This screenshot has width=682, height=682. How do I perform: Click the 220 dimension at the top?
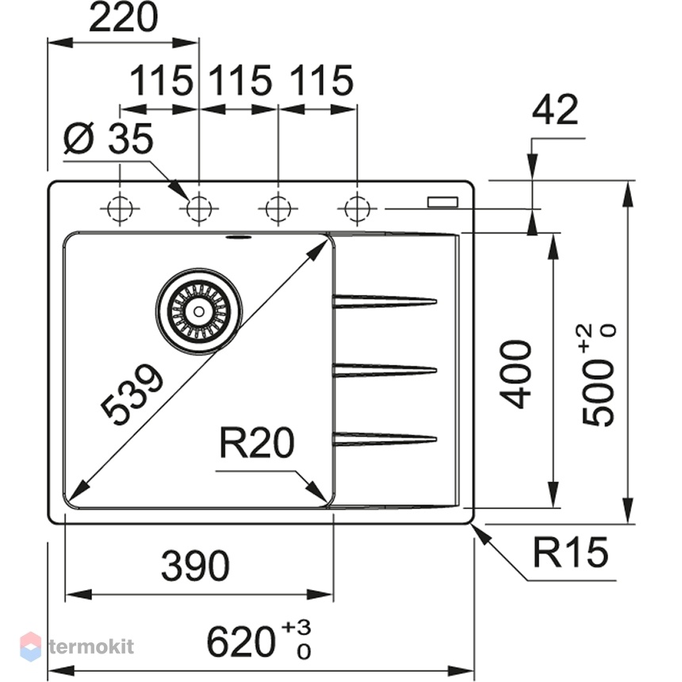coord(123,18)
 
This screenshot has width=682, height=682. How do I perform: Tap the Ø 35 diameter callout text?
coord(109,138)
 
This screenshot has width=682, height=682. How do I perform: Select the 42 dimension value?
coord(555,109)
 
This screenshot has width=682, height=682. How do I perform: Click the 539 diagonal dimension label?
coord(132,394)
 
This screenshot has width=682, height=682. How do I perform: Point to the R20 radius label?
coord(257,443)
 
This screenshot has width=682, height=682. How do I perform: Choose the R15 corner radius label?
coord(570,553)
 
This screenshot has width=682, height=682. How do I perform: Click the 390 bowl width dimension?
coord(195,566)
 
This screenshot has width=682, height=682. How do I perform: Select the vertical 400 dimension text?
coord(515,375)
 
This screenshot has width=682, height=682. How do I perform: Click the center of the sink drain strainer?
coord(199,312)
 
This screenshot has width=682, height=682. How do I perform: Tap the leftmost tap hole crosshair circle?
coord(120,209)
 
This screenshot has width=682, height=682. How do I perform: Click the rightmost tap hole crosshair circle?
coord(357,209)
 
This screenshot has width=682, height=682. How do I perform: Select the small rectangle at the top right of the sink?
coord(443,202)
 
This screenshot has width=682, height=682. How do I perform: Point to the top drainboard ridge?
coord(385,301)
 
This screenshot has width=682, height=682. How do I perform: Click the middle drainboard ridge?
coord(385,370)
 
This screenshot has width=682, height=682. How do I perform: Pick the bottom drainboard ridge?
coord(385,439)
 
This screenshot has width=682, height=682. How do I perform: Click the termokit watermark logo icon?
coord(30,646)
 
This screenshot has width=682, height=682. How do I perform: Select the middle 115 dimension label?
coord(240,80)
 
